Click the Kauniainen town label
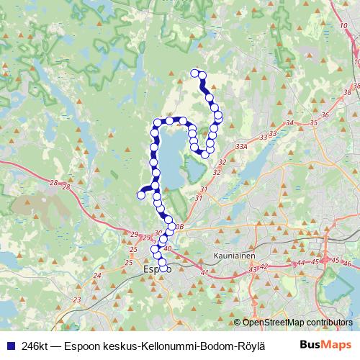[x=235, y=255]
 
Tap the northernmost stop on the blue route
[x=194, y=73]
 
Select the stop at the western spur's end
[x=141, y=194]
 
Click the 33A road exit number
[x=241, y=146]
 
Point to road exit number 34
[x=290, y=123]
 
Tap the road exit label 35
[x=313, y=123]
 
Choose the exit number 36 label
[x=325, y=115]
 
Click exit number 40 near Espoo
[x=168, y=249]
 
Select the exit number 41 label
[x=204, y=272]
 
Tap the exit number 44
[x=300, y=263]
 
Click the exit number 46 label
[x=348, y=264]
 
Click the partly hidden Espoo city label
[x=151, y=269]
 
